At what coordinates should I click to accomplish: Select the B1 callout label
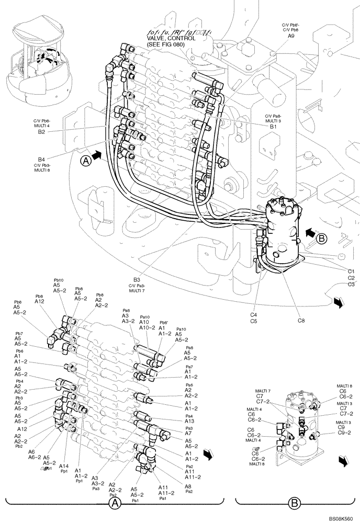[x=273, y=127]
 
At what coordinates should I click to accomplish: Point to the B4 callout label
[x=41, y=159]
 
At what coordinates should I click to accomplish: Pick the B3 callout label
[x=137, y=280]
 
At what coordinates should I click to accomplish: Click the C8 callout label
[x=301, y=320]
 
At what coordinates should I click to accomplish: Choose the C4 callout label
[x=253, y=315]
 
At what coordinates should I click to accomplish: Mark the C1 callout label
[x=352, y=270]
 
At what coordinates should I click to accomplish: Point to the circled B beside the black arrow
[x=322, y=238]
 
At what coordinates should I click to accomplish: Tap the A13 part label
[x=189, y=422]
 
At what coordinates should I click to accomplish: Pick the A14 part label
[x=64, y=465]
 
